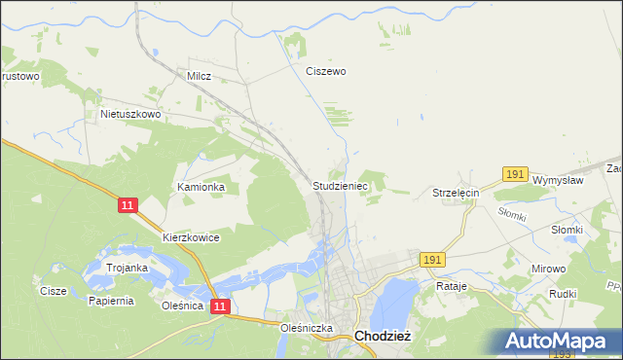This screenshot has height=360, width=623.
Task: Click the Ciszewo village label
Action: [326, 71]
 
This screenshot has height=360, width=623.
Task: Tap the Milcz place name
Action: [199, 75]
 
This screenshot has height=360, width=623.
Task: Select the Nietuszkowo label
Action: [130, 114]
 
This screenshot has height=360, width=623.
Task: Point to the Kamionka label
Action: [202, 186]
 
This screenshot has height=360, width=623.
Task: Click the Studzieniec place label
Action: [339, 184]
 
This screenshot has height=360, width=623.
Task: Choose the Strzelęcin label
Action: [457, 194]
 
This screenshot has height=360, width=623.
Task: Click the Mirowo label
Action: [547, 268]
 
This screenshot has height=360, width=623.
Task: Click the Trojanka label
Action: [128, 268]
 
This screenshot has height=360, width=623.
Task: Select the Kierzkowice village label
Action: [191, 237]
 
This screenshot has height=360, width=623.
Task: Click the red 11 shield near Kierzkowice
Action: [128, 205]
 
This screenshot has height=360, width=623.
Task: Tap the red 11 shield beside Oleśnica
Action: [220, 306]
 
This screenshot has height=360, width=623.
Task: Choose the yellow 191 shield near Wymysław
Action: [515, 174]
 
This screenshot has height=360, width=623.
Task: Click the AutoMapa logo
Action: [562, 342]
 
